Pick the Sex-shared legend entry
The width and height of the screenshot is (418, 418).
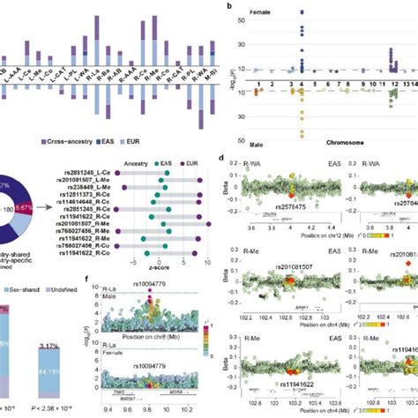[21, 287]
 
